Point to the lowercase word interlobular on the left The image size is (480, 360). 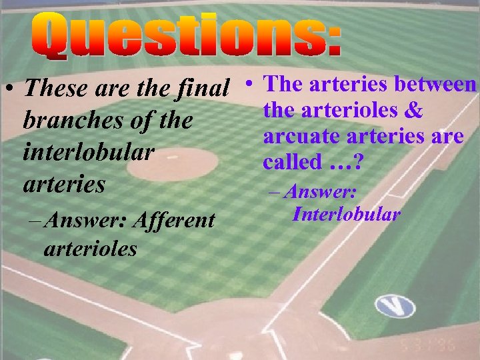coord(89,152)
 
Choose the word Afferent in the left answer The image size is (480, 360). coord(175,219)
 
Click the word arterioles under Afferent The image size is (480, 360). coord(90,249)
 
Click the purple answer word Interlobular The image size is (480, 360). coord(346,214)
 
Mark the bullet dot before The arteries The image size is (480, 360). coord(247,84)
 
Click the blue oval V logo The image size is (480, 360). coord(394,306)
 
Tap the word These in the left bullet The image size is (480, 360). coord(55,87)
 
